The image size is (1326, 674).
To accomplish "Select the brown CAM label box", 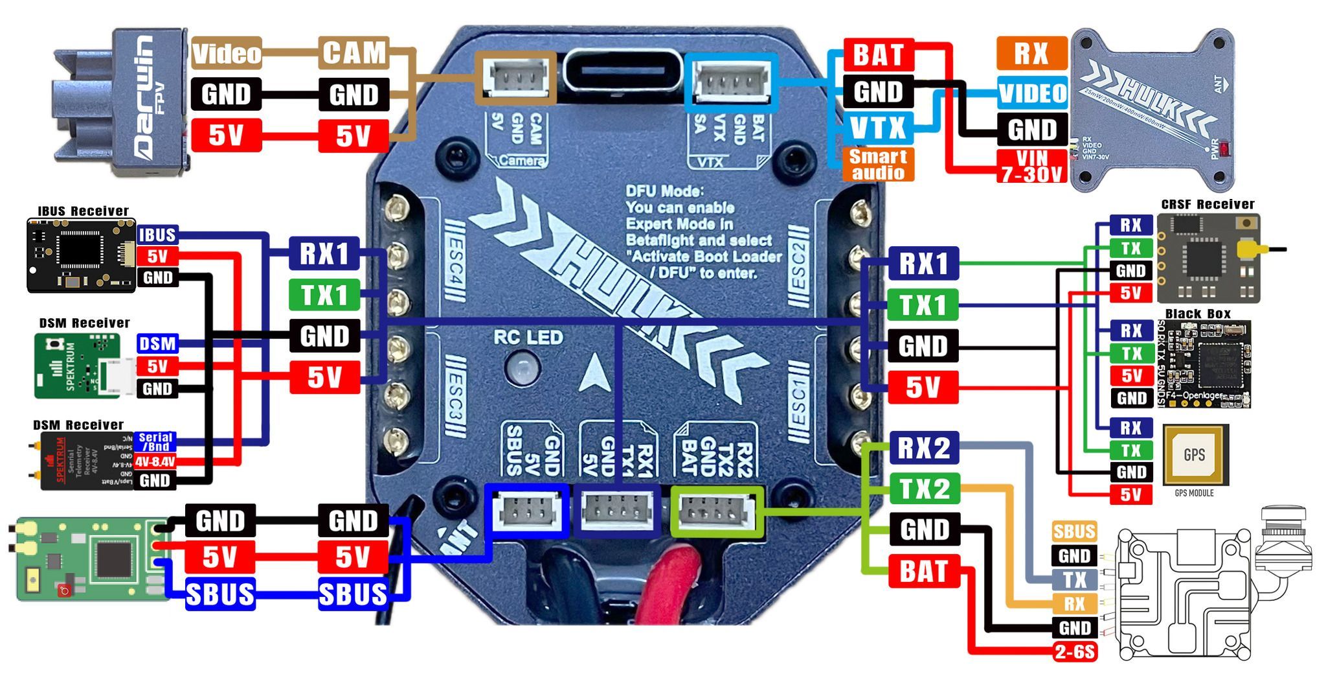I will [x=354, y=53].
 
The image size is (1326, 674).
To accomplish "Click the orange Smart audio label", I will [x=878, y=165].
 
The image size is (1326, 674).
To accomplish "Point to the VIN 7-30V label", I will [x=1032, y=167].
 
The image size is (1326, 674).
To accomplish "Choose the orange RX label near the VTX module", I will [x=1031, y=53].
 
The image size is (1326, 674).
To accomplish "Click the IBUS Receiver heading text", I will [x=83, y=211].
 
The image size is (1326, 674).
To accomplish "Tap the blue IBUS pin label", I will [x=157, y=235].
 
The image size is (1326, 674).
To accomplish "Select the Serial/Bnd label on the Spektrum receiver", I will [x=155, y=442].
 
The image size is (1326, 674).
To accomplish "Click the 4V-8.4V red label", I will [x=155, y=462].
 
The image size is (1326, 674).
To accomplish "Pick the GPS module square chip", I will [x=1195, y=454].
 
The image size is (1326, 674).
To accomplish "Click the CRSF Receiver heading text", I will [x=1208, y=205].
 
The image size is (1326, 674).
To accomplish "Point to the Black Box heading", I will [x=1198, y=314].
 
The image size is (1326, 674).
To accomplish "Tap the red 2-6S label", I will [x=1075, y=651].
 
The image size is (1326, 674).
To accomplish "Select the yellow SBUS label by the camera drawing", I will [x=1074, y=532].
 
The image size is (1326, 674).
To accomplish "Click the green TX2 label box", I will [x=924, y=489].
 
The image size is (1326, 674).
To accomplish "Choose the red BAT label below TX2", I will [x=924, y=572].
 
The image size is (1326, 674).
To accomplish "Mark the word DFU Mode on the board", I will [x=664, y=191].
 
